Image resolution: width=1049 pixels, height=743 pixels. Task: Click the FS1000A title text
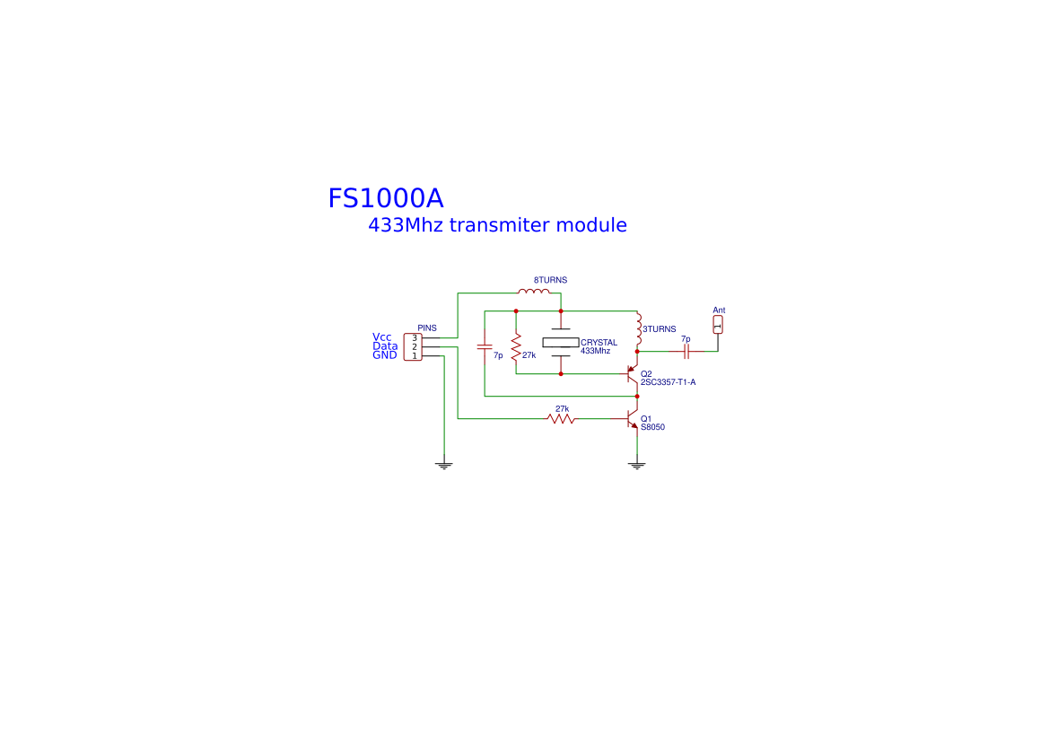[x=385, y=198]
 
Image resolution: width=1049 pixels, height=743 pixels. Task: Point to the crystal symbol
[x=561, y=342]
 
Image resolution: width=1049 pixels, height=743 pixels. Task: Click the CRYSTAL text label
[x=599, y=342]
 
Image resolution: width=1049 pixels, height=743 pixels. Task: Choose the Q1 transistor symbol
[x=633, y=420]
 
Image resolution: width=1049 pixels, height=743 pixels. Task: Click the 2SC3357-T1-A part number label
[x=668, y=382]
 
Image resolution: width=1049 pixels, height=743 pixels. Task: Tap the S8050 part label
[x=652, y=427]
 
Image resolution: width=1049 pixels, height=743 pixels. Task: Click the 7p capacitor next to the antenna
[x=686, y=352]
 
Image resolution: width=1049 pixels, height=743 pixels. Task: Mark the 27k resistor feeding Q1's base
[x=562, y=418]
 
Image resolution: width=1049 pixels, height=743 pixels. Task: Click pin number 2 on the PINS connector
[x=414, y=346]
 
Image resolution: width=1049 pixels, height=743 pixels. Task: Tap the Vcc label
[x=382, y=337]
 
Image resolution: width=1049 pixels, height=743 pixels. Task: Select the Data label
[x=385, y=346]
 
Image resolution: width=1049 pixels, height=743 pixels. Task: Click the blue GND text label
[x=385, y=355]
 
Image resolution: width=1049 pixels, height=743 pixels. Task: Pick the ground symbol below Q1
[x=637, y=465]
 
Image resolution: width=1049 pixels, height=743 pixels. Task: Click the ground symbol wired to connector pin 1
[x=443, y=465]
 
